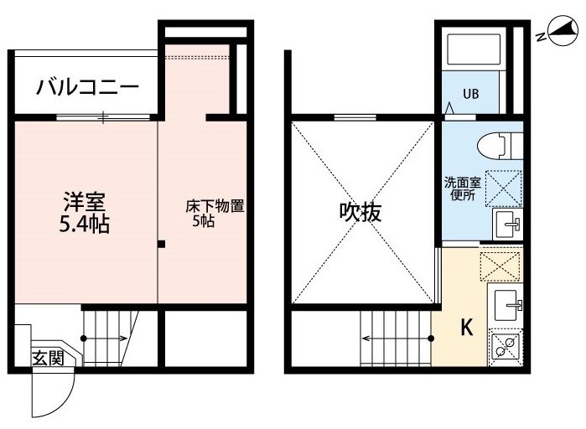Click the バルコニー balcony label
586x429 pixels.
[87, 87]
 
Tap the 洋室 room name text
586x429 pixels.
[85, 202]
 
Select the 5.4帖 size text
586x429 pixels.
[85, 225]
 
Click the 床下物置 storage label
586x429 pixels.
[215, 206]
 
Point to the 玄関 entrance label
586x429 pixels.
[49, 358]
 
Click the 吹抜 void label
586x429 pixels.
[360, 212]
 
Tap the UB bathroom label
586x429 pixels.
[471, 94]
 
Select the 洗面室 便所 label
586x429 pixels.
[463, 189]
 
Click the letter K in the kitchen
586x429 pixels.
[466, 327]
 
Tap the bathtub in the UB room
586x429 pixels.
[474, 49]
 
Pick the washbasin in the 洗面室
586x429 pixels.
[507, 224]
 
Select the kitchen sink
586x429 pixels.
[506, 306]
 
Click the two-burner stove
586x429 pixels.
[505, 347]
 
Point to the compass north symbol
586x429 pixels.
[558, 32]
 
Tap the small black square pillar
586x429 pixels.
[161, 245]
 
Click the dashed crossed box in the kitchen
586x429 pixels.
[500, 266]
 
